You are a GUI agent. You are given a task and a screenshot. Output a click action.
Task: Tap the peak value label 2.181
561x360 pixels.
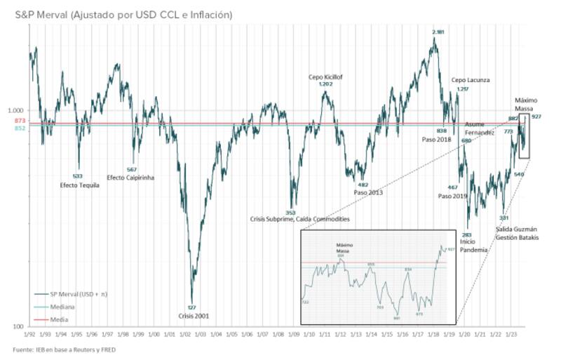pyautogui.click(x=438, y=32)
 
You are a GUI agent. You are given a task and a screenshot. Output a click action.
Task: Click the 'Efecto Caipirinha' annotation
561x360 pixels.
pyautogui.click(x=130, y=178)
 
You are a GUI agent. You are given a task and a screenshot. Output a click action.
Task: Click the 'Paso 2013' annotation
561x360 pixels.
pyautogui.click(x=368, y=192)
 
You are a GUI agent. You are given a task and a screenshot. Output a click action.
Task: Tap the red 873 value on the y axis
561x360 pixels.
pyautogui.click(x=20, y=121)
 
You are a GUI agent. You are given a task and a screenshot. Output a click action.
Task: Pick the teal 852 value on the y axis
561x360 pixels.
pyautogui.click(x=20, y=128)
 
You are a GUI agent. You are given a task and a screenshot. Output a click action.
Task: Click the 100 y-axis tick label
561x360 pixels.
pyautogui.click(x=20, y=326)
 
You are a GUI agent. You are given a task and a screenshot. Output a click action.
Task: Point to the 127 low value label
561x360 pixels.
pyautogui.click(x=191, y=307)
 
